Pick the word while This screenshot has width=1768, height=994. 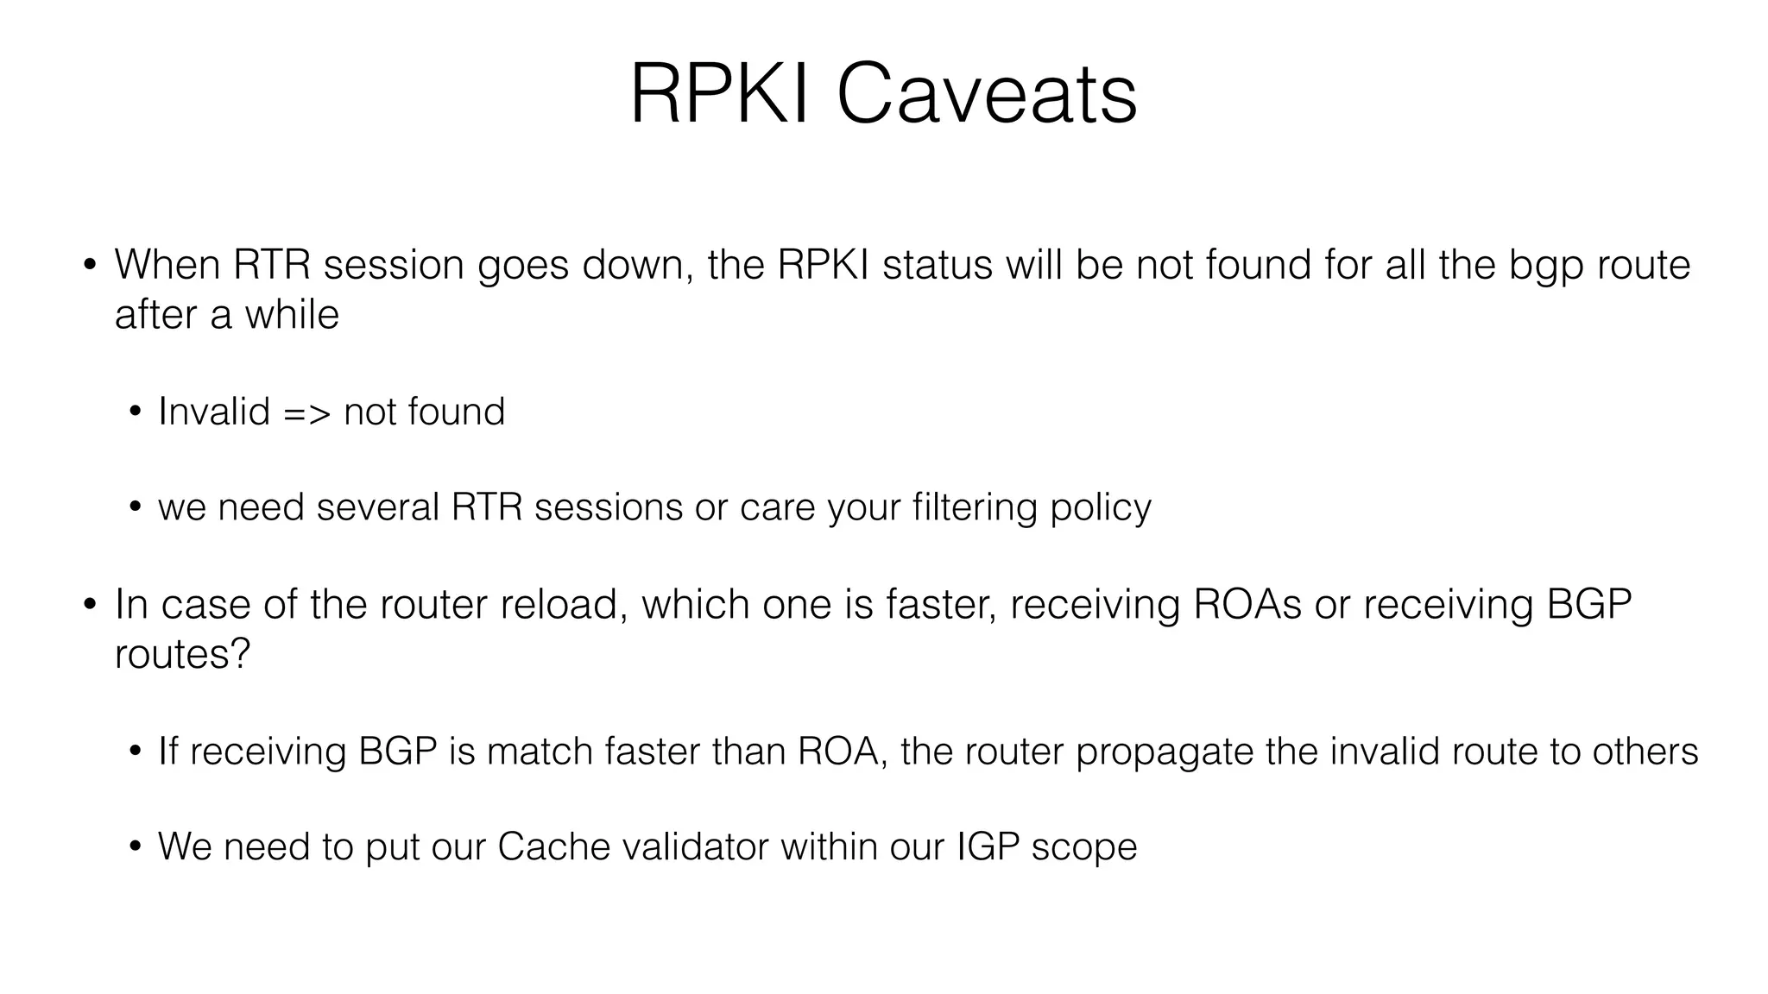click(x=292, y=314)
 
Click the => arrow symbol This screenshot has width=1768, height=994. click(x=306, y=412)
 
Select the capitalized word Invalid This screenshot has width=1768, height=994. click(x=214, y=412)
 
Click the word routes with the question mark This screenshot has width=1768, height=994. click(x=182, y=654)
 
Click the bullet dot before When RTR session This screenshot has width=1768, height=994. click(x=90, y=264)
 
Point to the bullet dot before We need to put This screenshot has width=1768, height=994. click(x=134, y=846)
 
